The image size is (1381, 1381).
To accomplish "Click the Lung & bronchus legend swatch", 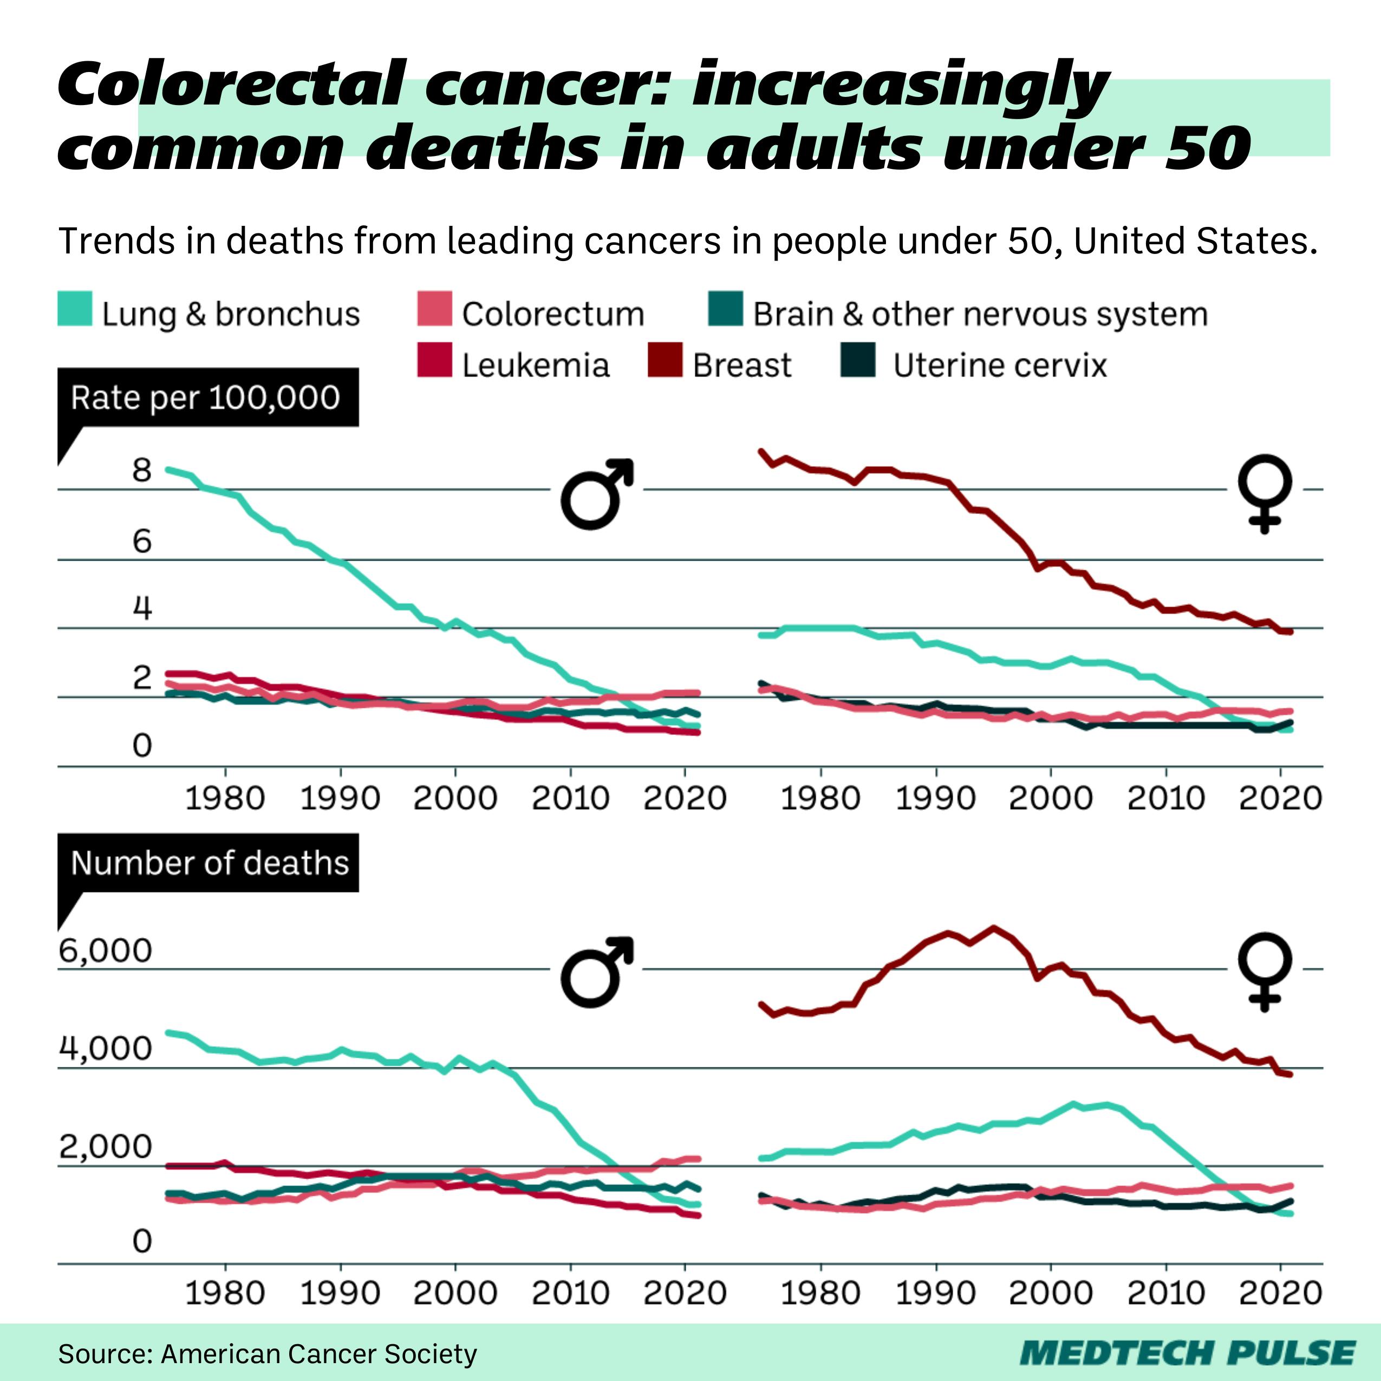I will tap(74, 309).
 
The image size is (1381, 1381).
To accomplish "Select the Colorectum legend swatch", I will tap(434, 309).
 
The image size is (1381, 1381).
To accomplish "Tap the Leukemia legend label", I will tap(536, 365).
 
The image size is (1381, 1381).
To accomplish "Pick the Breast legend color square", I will tap(665, 360).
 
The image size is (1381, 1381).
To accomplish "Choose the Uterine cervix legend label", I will tap(999, 365).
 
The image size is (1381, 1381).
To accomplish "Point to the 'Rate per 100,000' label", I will tap(206, 398).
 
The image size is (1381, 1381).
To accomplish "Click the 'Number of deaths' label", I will tap(210, 863).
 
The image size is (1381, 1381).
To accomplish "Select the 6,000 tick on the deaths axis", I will tap(106, 950).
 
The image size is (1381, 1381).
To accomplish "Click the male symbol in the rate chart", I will tap(597, 493).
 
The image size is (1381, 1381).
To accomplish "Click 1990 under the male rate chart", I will tap(340, 798).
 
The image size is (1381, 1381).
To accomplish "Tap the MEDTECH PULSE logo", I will tap(1187, 1353).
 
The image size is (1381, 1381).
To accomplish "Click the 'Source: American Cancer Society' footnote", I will tap(268, 1354).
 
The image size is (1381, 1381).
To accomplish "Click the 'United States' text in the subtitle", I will tap(1195, 241).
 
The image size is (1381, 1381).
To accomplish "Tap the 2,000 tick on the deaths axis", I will tap(106, 1147).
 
